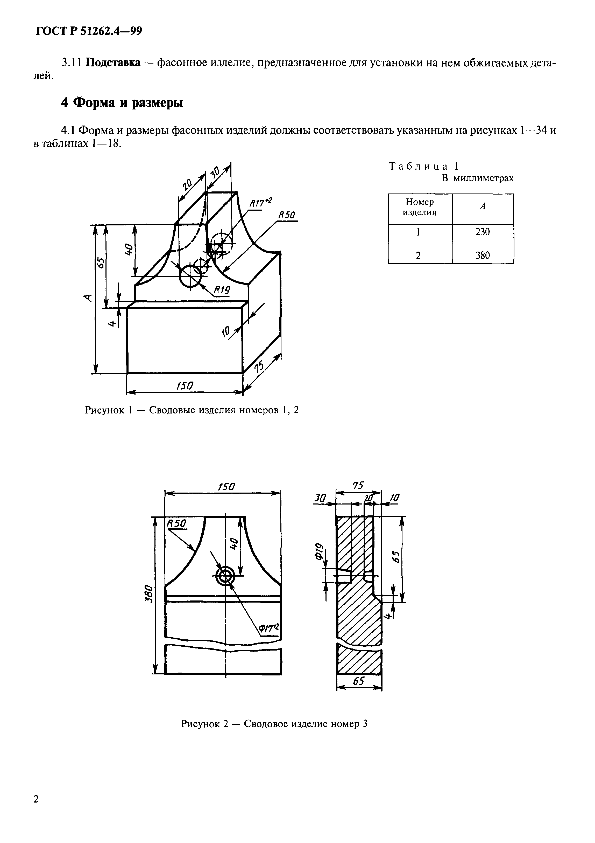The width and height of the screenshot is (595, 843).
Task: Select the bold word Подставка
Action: [113, 63]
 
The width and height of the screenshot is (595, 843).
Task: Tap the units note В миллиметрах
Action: [477, 178]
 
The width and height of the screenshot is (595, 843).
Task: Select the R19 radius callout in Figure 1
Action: [222, 290]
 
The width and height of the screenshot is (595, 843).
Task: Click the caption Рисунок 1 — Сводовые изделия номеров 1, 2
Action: [192, 410]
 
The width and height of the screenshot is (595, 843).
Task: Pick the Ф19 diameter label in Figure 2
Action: [318, 551]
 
